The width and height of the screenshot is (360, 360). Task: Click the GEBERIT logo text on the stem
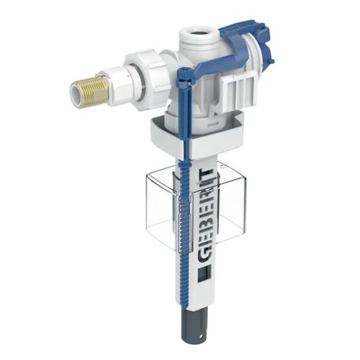pyautogui.click(x=207, y=216)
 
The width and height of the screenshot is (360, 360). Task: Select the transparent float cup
pyautogui.click(x=195, y=208)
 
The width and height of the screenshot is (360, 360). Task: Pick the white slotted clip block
pyautogui.click(x=239, y=88)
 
